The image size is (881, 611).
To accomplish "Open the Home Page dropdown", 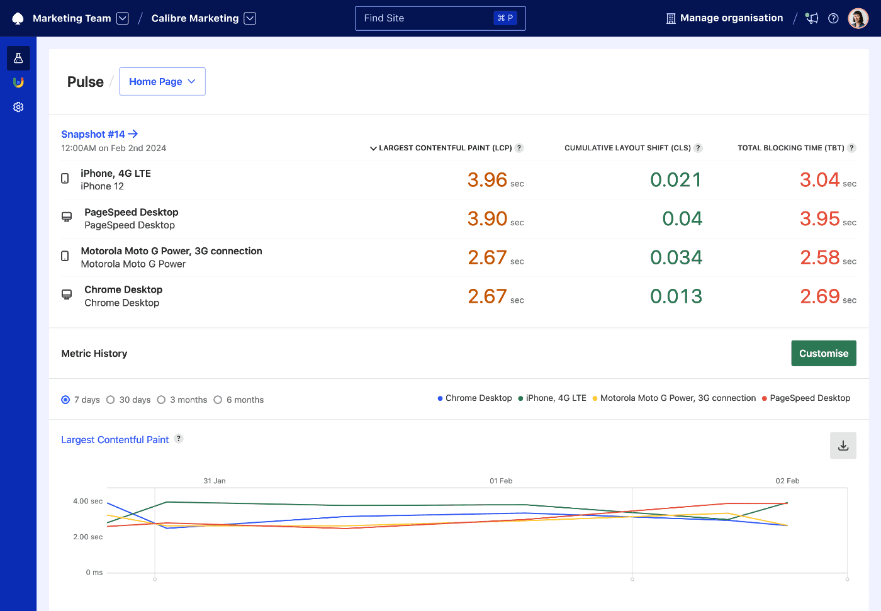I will (x=162, y=82).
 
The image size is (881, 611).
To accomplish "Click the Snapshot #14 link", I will (x=99, y=134).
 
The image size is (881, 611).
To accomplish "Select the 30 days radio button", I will (x=111, y=400).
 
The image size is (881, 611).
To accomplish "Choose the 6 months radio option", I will (x=218, y=400).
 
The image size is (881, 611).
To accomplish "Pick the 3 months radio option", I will (x=162, y=400).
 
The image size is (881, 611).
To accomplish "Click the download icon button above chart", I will (x=843, y=446).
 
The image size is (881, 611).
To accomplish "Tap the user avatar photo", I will (x=858, y=18).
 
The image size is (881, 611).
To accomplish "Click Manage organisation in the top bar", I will (x=724, y=18).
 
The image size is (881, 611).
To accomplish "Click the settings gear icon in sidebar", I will (x=18, y=107).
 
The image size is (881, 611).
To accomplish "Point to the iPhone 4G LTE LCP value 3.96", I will (x=487, y=180).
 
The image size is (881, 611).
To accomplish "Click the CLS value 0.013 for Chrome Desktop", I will (x=676, y=296).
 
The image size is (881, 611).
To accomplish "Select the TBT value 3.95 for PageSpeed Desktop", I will (x=819, y=219).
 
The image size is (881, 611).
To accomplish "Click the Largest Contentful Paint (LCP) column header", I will (x=445, y=148).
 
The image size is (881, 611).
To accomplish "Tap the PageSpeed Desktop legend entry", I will (x=809, y=398).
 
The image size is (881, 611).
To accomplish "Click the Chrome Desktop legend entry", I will (x=478, y=398).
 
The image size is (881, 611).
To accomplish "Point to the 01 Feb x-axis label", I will (x=501, y=481).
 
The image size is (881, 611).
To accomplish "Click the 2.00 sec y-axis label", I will (x=87, y=537).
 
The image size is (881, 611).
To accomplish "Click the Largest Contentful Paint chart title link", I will (x=115, y=440).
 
